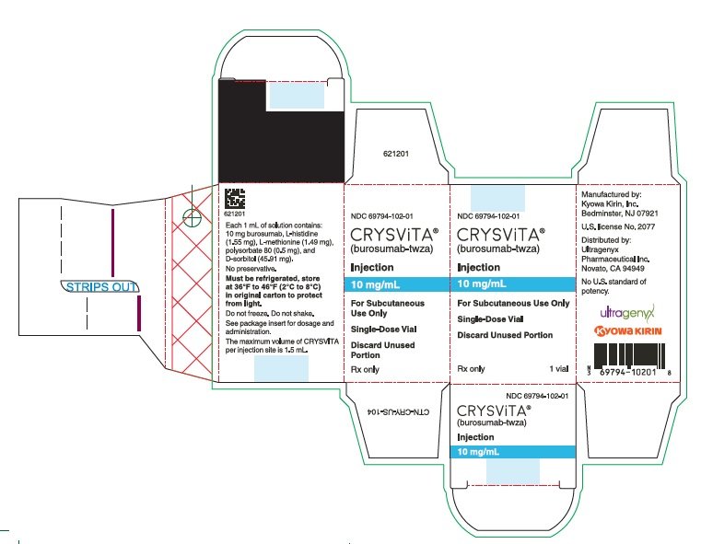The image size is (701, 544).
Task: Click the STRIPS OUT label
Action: tap(99, 286)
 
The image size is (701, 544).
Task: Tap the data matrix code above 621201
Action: tap(235, 199)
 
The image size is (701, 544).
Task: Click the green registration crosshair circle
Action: tap(193, 218)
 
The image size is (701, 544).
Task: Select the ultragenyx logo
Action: tap(627, 312)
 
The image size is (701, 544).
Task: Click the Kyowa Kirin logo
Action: tap(627, 331)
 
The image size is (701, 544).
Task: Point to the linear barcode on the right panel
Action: tap(629, 356)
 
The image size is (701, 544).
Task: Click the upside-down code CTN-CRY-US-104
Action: tap(397, 411)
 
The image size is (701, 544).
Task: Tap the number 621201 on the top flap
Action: tap(396, 154)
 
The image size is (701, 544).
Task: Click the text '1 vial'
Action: tap(559, 369)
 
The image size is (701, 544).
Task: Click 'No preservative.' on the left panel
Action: tap(251, 269)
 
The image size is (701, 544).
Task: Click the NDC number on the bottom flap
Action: tap(537, 396)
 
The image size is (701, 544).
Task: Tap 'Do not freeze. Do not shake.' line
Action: tap(270, 314)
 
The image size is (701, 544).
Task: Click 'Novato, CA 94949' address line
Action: tap(613, 269)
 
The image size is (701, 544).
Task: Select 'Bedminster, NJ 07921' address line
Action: tap(620, 214)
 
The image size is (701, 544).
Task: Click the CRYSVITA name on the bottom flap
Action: tap(494, 411)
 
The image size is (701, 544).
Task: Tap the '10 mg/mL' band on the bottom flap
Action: tap(512, 452)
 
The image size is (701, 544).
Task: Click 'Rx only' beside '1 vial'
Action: tap(471, 369)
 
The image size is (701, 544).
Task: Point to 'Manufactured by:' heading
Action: tap(611, 195)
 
